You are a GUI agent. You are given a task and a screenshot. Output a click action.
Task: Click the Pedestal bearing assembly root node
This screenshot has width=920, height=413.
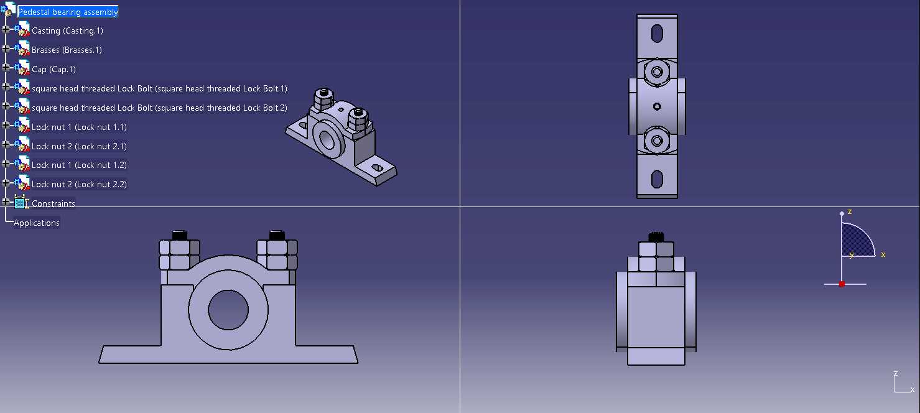coord(68,12)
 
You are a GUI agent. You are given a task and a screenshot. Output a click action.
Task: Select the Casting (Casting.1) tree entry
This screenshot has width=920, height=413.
coord(67,31)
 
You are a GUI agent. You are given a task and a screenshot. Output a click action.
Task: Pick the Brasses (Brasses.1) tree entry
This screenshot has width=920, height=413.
coord(67,50)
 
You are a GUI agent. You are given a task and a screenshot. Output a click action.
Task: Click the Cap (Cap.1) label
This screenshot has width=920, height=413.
coord(53,70)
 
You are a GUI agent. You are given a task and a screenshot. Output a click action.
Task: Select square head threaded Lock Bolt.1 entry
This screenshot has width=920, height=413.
coord(159,89)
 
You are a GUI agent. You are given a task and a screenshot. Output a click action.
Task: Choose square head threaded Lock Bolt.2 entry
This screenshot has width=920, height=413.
coord(159,108)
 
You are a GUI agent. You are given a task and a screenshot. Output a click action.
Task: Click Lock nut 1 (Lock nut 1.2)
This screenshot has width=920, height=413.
coord(79,165)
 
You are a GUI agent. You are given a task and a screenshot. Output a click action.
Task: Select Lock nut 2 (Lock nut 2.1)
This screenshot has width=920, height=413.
coord(79,146)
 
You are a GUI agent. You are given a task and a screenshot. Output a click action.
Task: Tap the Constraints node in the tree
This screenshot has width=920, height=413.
coord(53,203)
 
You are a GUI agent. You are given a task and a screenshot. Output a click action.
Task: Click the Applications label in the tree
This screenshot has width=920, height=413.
coord(37,223)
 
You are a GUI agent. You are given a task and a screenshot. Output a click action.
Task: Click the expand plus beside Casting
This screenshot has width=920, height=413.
coord(6,29)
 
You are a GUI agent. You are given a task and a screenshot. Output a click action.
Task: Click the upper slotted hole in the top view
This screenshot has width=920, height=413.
coord(657,34)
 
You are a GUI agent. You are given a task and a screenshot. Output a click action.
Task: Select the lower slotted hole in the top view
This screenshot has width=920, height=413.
coord(657,179)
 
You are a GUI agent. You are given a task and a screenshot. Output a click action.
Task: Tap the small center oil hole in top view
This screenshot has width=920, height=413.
coord(657,107)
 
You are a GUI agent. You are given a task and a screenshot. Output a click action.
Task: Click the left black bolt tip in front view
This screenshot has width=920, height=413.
coord(180,236)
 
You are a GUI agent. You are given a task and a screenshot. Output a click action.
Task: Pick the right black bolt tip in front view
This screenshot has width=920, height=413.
coord(277,236)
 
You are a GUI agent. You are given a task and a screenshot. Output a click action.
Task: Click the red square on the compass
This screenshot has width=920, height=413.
coord(842,284)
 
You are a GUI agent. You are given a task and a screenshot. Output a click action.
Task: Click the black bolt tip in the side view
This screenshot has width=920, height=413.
coord(656,238)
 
